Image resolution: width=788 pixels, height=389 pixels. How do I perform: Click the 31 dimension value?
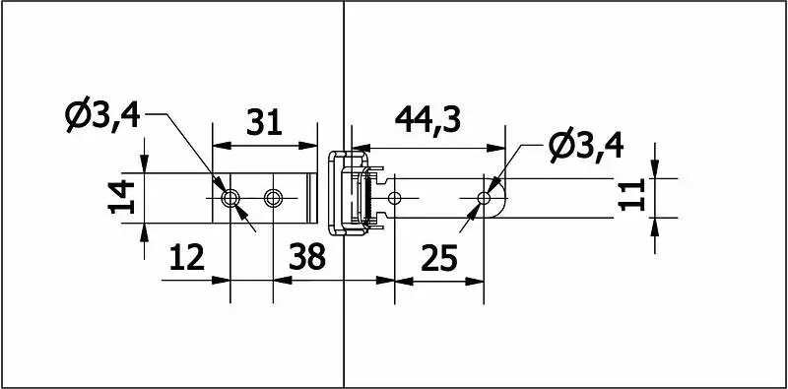point(264,122)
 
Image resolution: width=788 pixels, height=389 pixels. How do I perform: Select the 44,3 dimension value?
point(427,120)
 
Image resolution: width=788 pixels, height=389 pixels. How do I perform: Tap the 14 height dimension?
point(121,197)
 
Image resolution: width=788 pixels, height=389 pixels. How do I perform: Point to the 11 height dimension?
point(631,195)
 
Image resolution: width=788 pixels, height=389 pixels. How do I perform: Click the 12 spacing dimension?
point(187,257)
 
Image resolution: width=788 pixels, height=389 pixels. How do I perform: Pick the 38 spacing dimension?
point(307,257)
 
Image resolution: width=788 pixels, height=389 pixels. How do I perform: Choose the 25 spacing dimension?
point(439,258)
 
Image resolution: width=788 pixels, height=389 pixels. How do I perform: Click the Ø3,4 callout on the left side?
point(102,114)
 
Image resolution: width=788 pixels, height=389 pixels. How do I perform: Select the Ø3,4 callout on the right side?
point(586,146)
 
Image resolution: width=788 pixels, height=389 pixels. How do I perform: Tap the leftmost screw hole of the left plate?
point(230,198)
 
